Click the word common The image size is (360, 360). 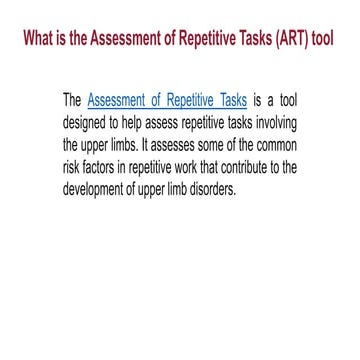point(273,140)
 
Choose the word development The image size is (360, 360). point(102,180)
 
